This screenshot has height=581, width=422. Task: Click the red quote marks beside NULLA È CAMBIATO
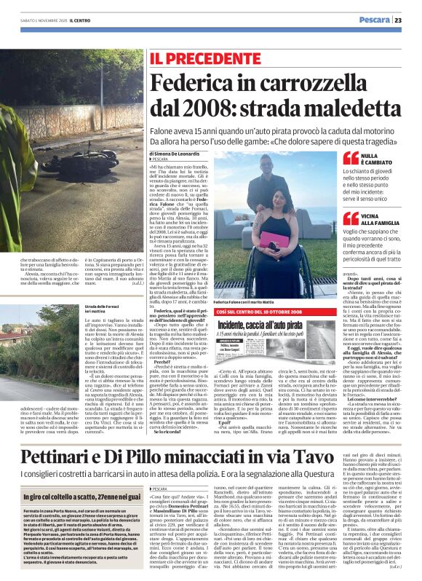click(x=349, y=158)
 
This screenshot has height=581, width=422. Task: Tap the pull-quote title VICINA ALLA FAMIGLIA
click(x=383, y=219)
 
